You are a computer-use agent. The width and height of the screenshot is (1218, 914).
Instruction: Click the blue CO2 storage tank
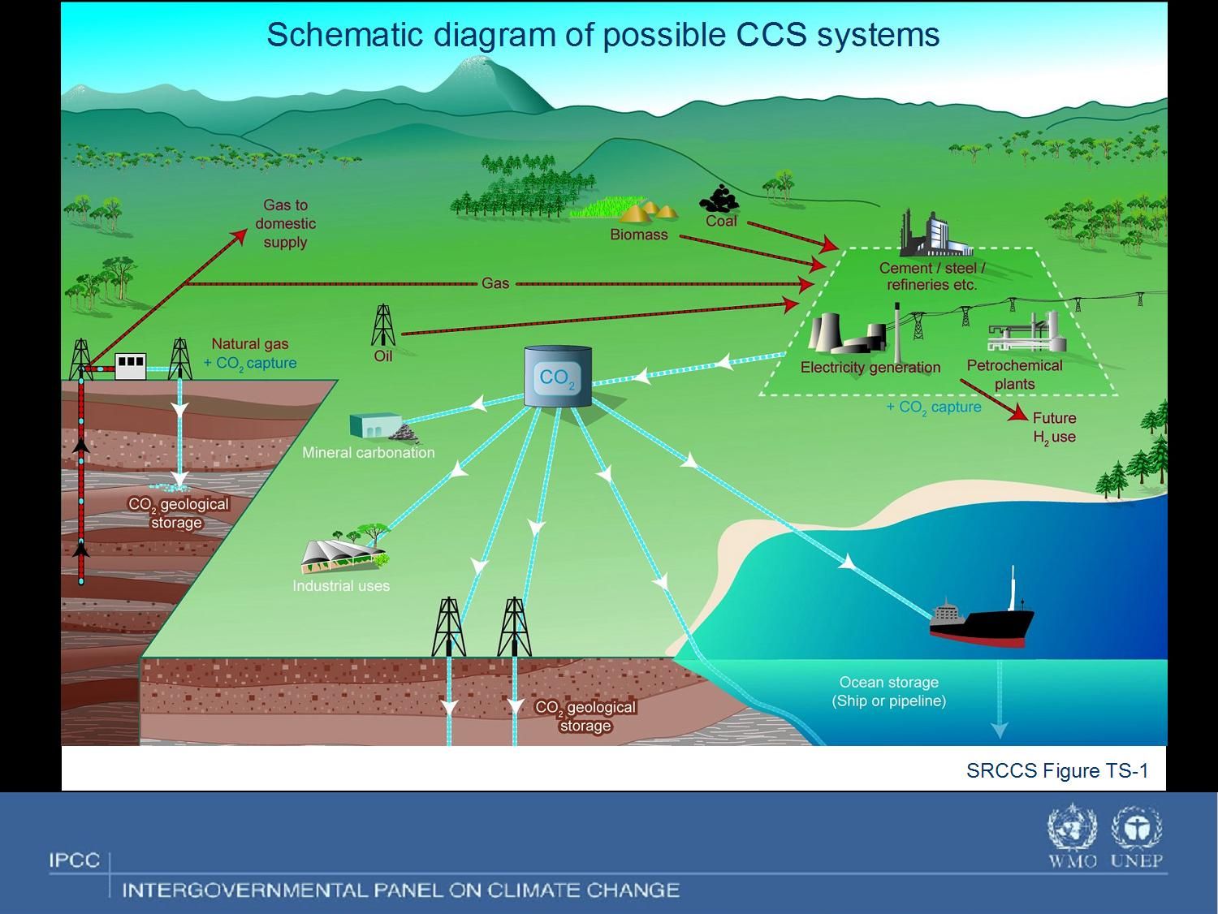point(558,376)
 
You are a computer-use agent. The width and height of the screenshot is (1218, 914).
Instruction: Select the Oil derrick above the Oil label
point(383,325)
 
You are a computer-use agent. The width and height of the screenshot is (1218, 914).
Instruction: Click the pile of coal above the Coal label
point(719,199)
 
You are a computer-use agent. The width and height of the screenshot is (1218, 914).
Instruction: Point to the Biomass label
point(639,235)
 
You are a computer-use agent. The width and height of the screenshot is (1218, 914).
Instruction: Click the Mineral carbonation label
point(368,453)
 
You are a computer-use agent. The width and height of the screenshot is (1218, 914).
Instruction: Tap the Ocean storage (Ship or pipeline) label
point(889,692)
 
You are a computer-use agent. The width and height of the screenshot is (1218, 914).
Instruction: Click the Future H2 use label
point(1054,428)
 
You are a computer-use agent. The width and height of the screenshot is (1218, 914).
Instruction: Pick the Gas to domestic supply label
point(285,223)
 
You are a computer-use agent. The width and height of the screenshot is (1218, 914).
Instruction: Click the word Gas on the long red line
point(495,283)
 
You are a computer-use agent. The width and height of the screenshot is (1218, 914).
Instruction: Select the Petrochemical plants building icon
point(1024,333)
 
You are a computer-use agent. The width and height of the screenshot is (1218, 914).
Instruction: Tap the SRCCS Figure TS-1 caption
point(1056,770)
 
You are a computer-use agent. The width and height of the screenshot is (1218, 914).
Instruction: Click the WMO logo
point(1072,829)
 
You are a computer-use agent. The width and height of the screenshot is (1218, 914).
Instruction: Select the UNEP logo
point(1137,829)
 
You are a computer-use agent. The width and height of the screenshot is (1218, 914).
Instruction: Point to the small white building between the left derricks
point(131,366)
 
